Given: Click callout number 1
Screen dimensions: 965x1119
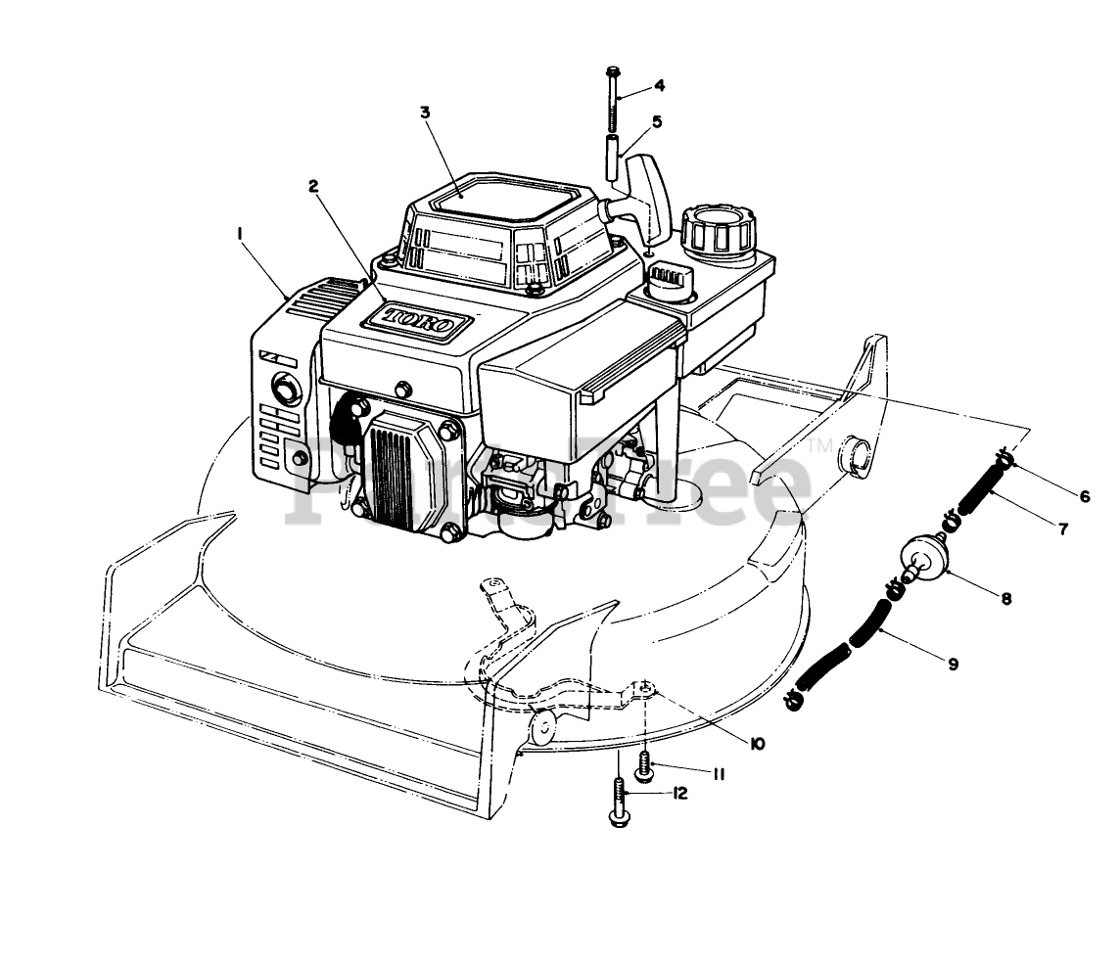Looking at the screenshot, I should (238, 232).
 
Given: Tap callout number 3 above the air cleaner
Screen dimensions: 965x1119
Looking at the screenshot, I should (425, 113).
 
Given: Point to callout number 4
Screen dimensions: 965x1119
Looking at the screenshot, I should (659, 85).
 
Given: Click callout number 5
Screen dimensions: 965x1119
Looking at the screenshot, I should (657, 121).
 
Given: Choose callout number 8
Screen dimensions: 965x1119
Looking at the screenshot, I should (1005, 596).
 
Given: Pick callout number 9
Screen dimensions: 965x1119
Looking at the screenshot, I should (953, 664).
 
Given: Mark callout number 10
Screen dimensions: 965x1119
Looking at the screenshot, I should (757, 744).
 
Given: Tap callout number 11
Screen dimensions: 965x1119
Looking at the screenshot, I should (717, 774).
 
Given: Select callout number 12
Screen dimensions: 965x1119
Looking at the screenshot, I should (679, 794).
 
